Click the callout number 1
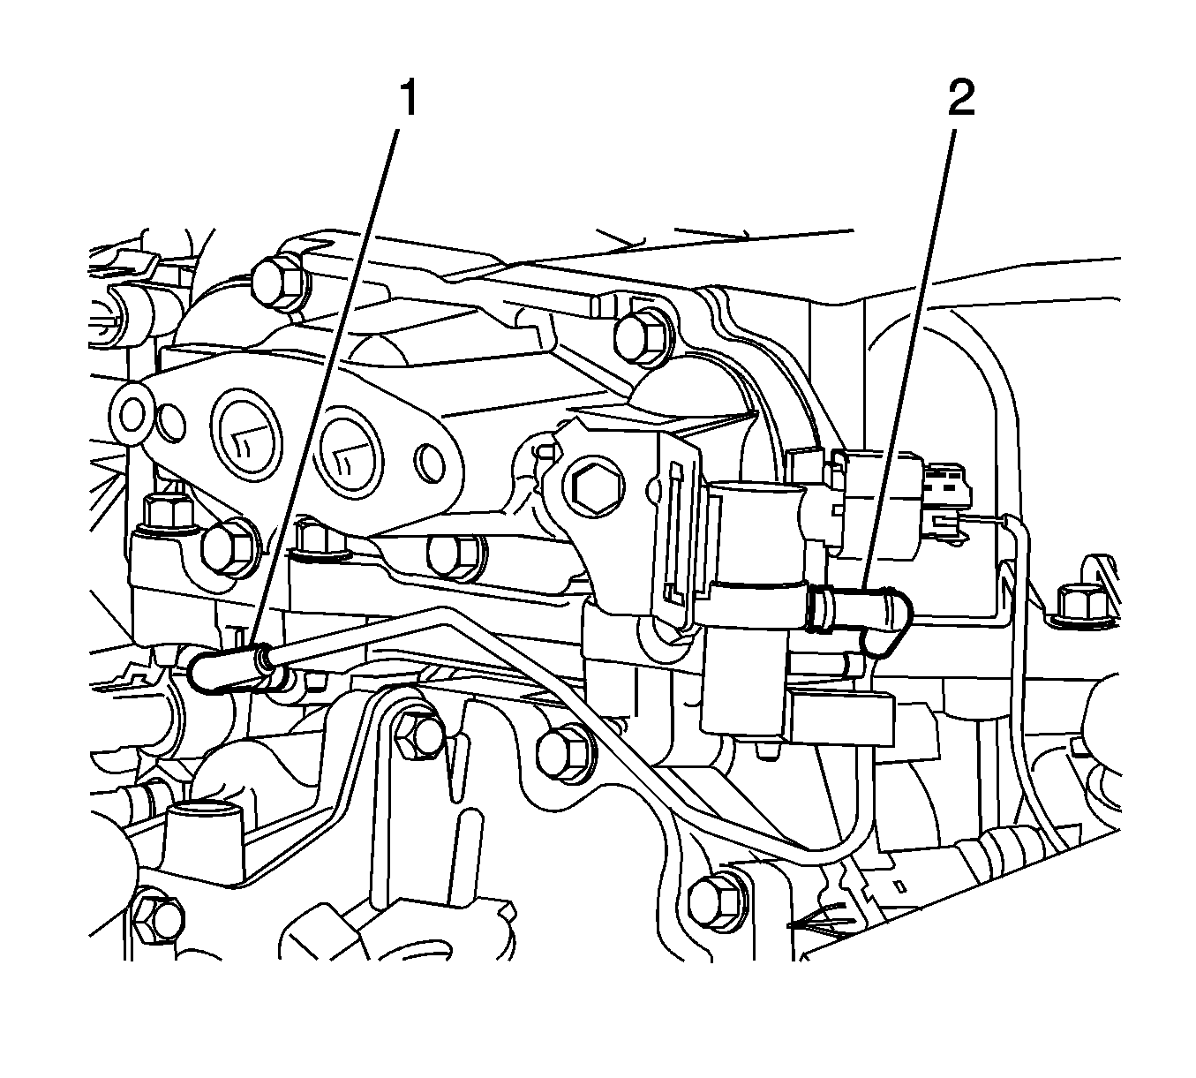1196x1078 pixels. pos(406,99)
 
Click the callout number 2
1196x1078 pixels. pos(960,99)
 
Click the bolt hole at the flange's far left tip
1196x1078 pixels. pos(133,411)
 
